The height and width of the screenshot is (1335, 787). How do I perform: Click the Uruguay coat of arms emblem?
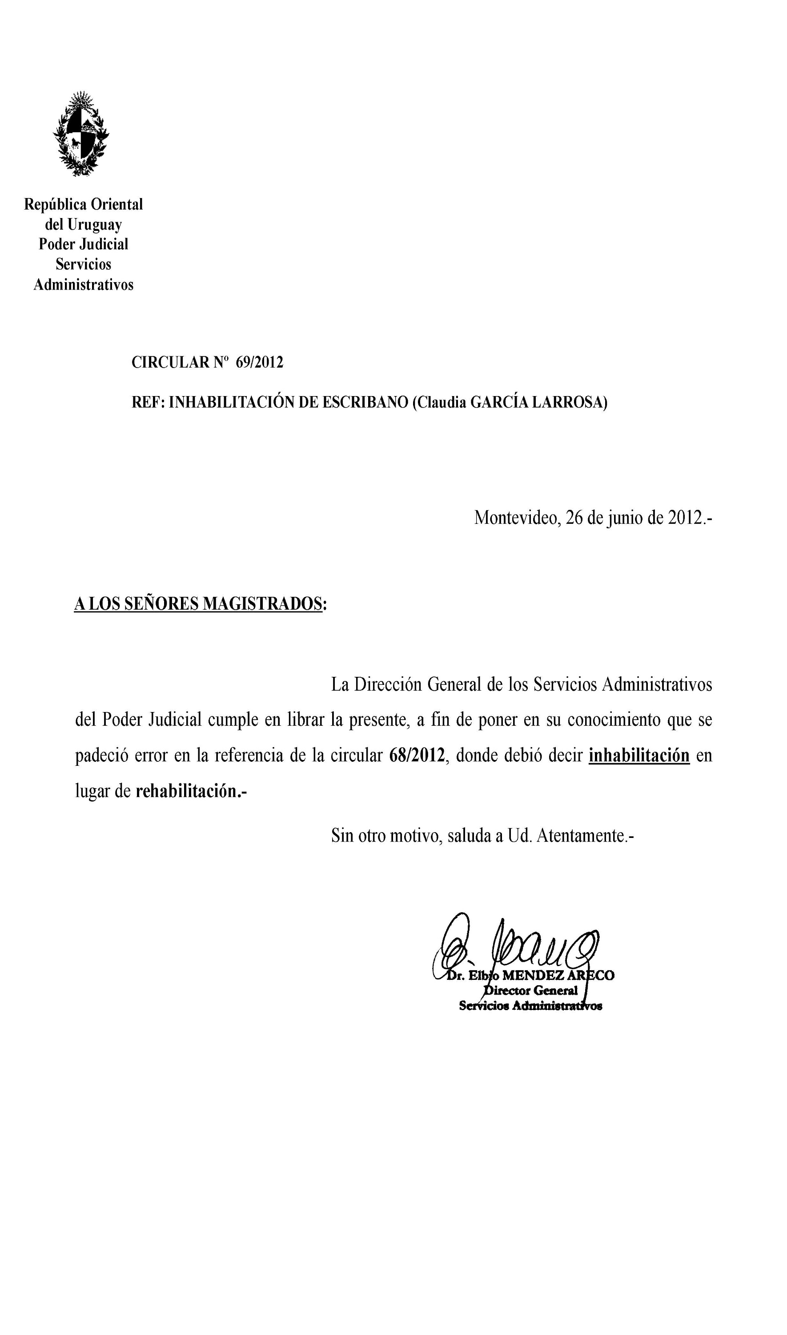click(x=81, y=133)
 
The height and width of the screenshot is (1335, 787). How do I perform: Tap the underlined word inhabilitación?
click(x=639, y=755)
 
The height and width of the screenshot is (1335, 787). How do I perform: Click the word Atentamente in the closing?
click(x=581, y=836)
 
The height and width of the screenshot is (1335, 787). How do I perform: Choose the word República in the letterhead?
click(x=55, y=204)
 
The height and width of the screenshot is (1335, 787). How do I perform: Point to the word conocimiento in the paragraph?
click(x=614, y=720)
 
